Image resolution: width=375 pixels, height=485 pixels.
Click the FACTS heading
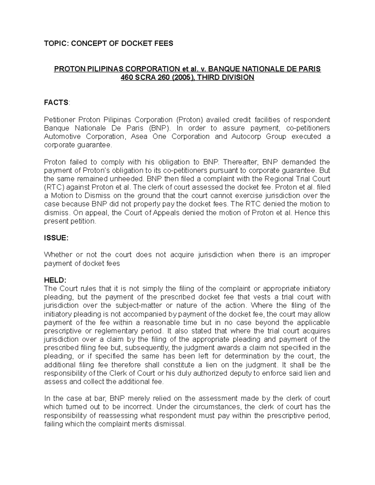[x=56, y=103]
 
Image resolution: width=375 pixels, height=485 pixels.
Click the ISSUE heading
[x=55, y=238]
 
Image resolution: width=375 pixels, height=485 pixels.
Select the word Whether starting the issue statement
[x=57, y=255]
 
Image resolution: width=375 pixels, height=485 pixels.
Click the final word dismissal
[x=171, y=424]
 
